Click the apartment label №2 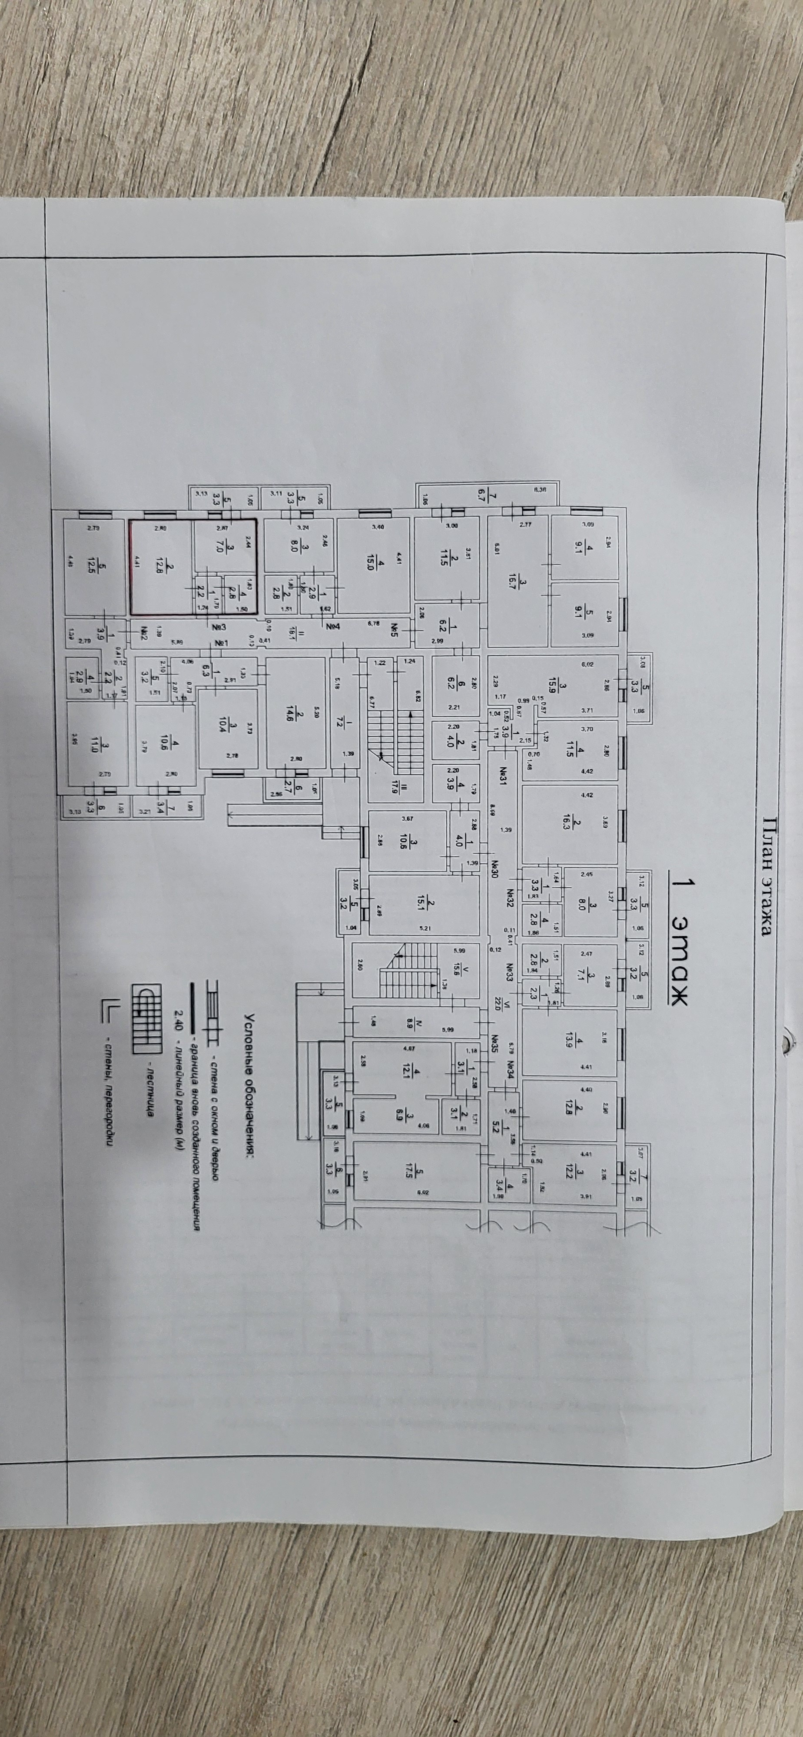144,633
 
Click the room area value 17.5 424,1172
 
